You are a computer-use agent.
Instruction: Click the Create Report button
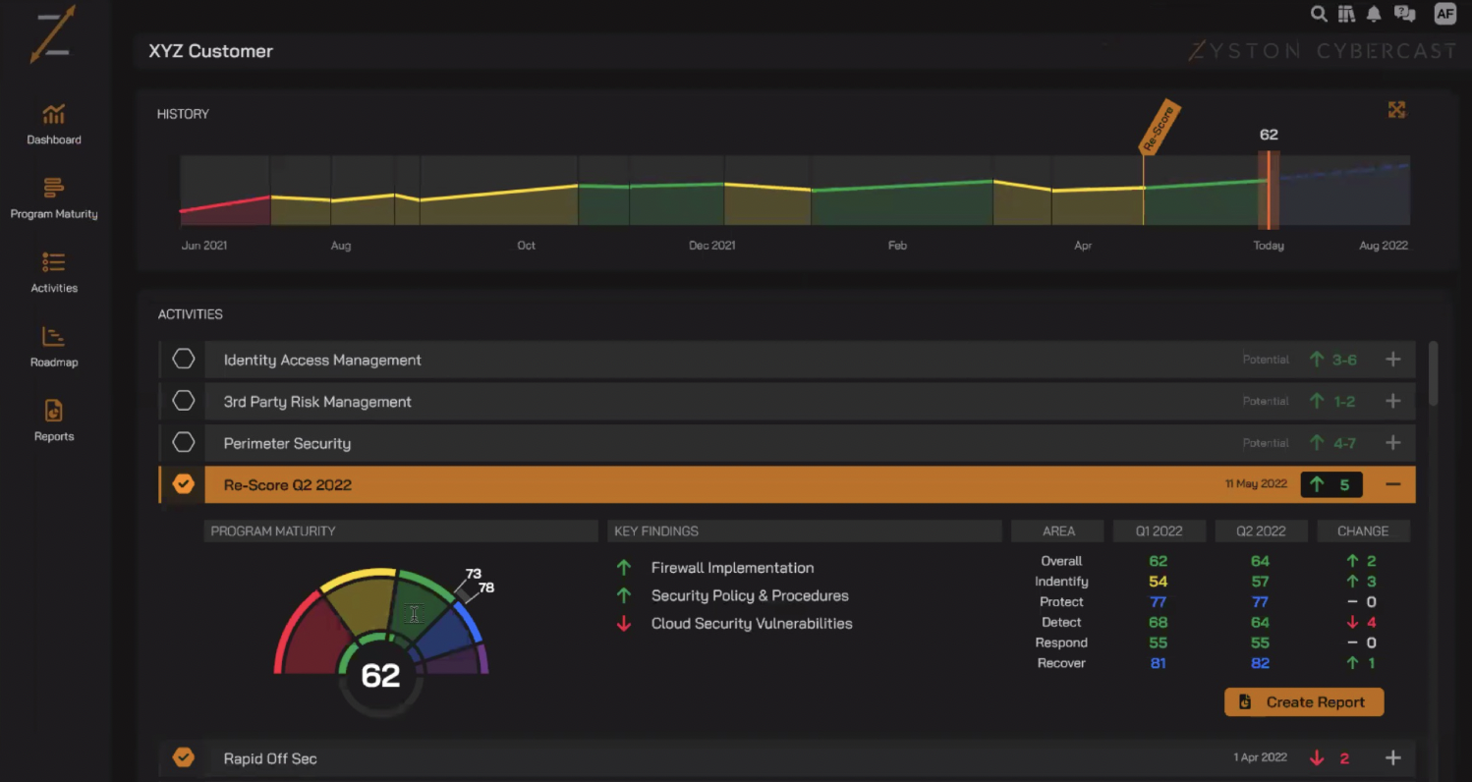(1304, 702)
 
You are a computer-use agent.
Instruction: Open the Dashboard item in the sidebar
(54, 124)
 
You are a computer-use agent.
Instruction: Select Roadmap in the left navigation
(54, 347)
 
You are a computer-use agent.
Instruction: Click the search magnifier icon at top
(1319, 14)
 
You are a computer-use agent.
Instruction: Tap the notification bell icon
(1374, 14)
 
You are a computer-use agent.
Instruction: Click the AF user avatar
(1444, 14)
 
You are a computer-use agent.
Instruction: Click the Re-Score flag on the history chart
(1159, 128)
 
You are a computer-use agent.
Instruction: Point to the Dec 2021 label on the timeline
(711, 246)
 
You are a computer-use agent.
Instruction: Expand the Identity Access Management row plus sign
(1392, 360)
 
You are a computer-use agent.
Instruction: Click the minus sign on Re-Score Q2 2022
(1392, 484)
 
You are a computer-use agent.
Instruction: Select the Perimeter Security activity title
(287, 443)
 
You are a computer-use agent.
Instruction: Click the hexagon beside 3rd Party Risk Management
(184, 401)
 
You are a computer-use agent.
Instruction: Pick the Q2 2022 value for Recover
(1260, 663)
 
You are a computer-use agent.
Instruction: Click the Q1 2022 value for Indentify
(1158, 582)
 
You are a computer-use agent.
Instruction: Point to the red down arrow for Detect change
(1352, 622)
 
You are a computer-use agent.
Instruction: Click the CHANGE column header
(1363, 531)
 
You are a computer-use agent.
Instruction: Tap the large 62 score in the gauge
(380, 675)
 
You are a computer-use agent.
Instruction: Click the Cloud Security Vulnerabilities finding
(751, 624)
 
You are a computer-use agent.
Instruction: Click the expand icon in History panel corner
(1396, 110)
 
